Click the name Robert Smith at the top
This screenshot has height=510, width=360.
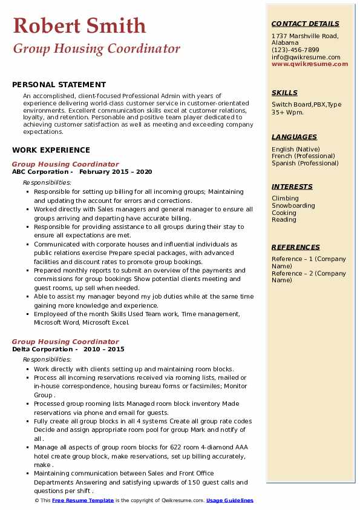tap(79, 25)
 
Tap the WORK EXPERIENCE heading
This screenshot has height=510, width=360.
tap(51, 150)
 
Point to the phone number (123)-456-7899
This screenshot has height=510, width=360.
tap(295, 50)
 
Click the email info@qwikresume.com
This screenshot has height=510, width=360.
tap(306, 57)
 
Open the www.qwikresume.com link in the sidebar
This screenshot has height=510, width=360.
tap(310, 64)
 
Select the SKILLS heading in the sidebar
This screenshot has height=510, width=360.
tap(284, 93)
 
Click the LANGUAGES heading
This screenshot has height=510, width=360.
tap(294, 137)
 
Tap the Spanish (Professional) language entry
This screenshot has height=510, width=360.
tap(306, 163)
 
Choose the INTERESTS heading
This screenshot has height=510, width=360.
tap(292, 187)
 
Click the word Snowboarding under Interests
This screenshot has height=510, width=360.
tap(293, 205)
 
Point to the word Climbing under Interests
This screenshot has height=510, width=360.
tap(285, 198)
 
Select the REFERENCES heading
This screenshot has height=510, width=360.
tap(296, 247)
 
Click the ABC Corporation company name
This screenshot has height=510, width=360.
tap(40, 171)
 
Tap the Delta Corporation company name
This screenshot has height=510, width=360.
tap(42, 349)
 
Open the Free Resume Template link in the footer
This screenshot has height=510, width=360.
tap(83, 500)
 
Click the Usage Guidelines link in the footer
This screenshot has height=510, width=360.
tap(229, 500)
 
